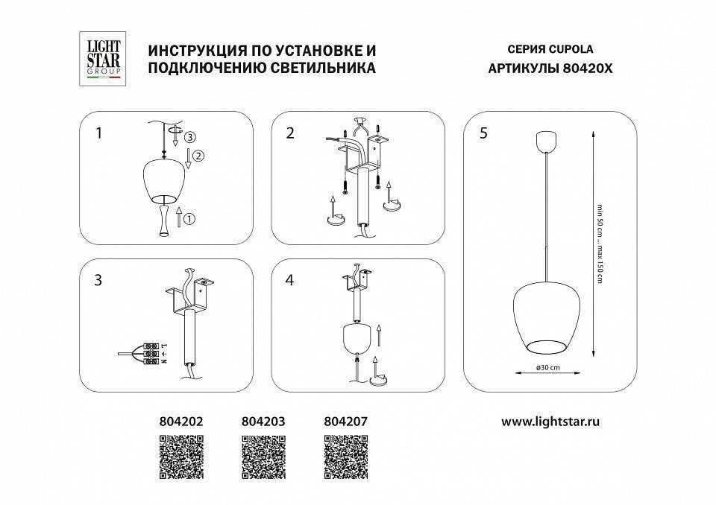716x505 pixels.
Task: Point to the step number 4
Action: (290, 281)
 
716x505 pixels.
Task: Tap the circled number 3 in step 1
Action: (190, 137)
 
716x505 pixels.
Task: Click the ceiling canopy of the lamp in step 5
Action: (550, 141)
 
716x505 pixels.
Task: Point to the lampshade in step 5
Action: (550, 317)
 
